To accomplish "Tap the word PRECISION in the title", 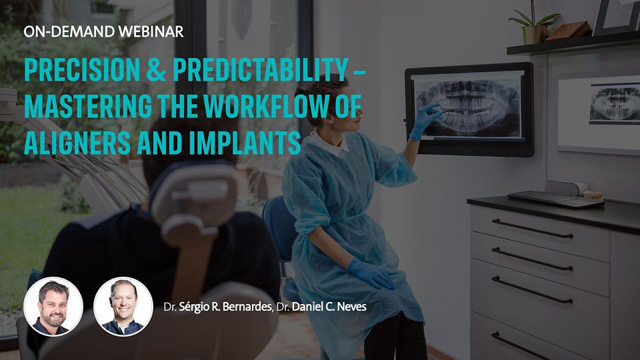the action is tap(82, 69).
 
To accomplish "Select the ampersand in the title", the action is tap(156, 69).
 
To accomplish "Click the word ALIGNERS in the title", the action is tap(77, 143).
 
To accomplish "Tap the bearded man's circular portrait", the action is tap(53, 307).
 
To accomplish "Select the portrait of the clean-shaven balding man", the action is tap(123, 307).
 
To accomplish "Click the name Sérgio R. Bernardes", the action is tap(225, 307).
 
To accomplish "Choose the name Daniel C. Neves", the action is tap(329, 307).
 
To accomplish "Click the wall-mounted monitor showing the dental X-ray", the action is tap(469, 109).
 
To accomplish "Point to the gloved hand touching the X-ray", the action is tap(425, 121).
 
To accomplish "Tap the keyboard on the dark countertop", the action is tap(555, 199).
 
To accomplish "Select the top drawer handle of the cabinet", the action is tap(532, 229).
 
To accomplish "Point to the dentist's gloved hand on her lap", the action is tap(371, 273).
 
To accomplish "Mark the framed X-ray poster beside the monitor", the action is tap(599, 111).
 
